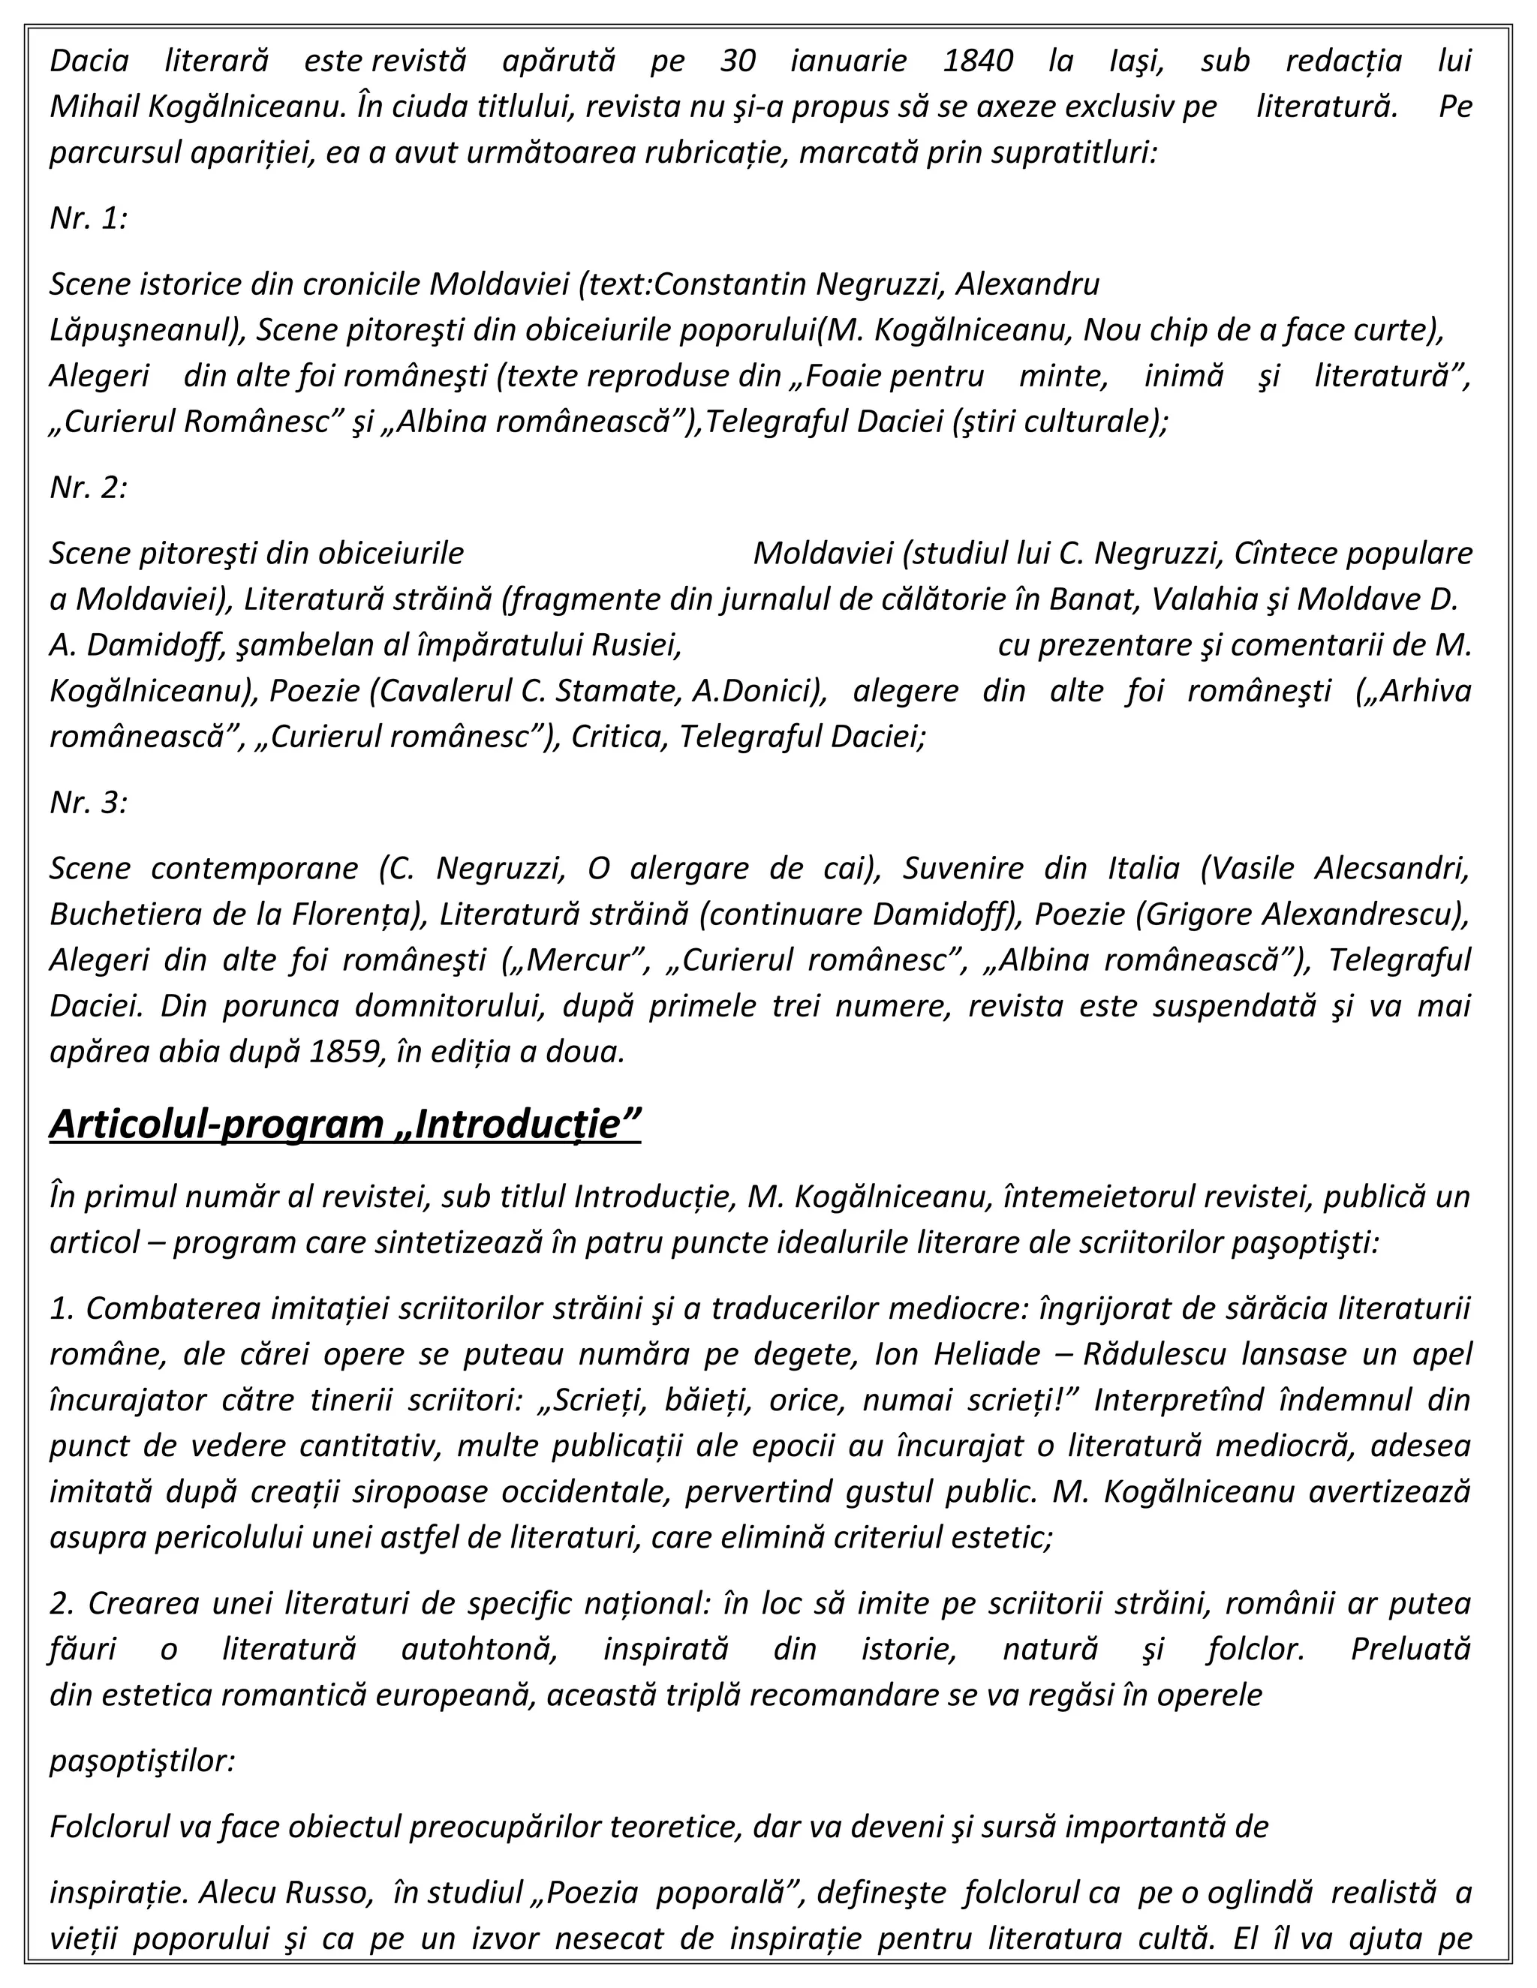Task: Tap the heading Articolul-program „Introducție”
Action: [345, 1125]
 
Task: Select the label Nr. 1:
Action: [89, 218]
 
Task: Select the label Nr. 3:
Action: [89, 802]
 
